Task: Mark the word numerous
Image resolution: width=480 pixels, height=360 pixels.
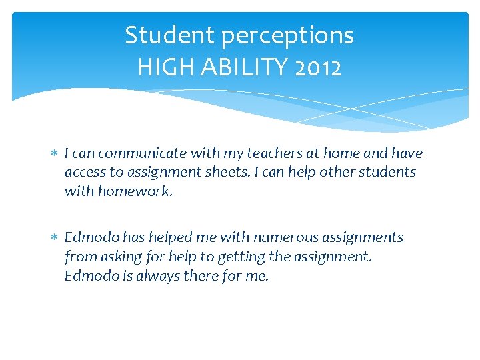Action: pos(276,237)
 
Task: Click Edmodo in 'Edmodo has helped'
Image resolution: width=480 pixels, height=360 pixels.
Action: pos(89,237)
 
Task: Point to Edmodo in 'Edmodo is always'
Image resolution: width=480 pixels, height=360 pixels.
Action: pos(89,275)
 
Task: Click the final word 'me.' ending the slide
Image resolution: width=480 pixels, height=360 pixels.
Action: pos(257,275)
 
